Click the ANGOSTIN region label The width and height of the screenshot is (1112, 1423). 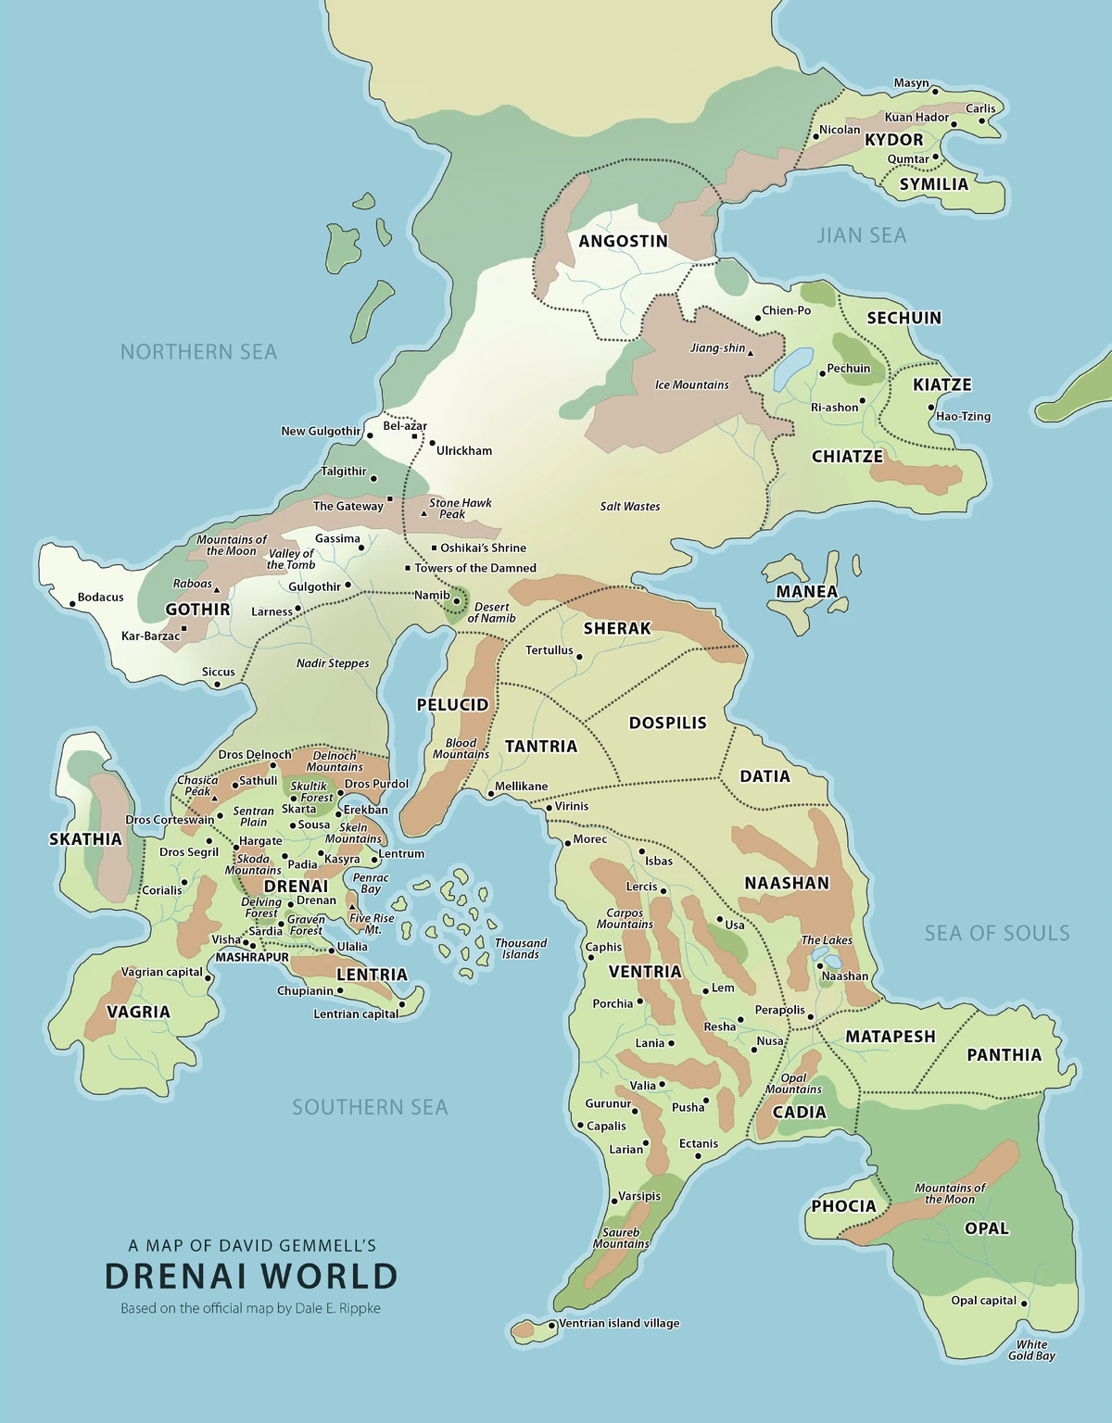pos(623,241)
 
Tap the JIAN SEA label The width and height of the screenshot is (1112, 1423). pos(861,235)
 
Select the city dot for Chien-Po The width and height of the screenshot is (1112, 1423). pos(757,318)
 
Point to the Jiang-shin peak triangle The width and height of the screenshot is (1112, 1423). pos(751,353)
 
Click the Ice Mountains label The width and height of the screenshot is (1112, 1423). pos(691,384)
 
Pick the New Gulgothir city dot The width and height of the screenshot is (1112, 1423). pos(370,435)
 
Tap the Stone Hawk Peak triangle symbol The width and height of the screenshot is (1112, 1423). pos(424,513)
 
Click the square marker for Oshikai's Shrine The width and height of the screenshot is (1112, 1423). pos(434,548)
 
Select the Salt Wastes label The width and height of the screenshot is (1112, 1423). pos(629,506)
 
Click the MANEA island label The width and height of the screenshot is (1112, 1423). pos(806,591)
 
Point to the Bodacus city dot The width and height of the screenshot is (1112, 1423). pos(72,604)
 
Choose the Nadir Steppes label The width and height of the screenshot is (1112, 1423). pos(333,663)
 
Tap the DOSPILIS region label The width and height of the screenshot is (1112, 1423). pos(667,723)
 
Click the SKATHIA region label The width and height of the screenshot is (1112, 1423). pos(85,839)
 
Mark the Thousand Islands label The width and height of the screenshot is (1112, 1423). pos(521,949)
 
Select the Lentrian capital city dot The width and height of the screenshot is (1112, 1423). pos(402,1004)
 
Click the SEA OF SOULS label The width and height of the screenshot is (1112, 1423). pos(996,933)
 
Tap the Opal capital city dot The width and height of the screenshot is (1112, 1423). pos(1025,1302)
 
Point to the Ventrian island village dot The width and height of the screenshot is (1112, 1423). pos(552,1325)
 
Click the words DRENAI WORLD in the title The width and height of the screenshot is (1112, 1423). pos(251,1277)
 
